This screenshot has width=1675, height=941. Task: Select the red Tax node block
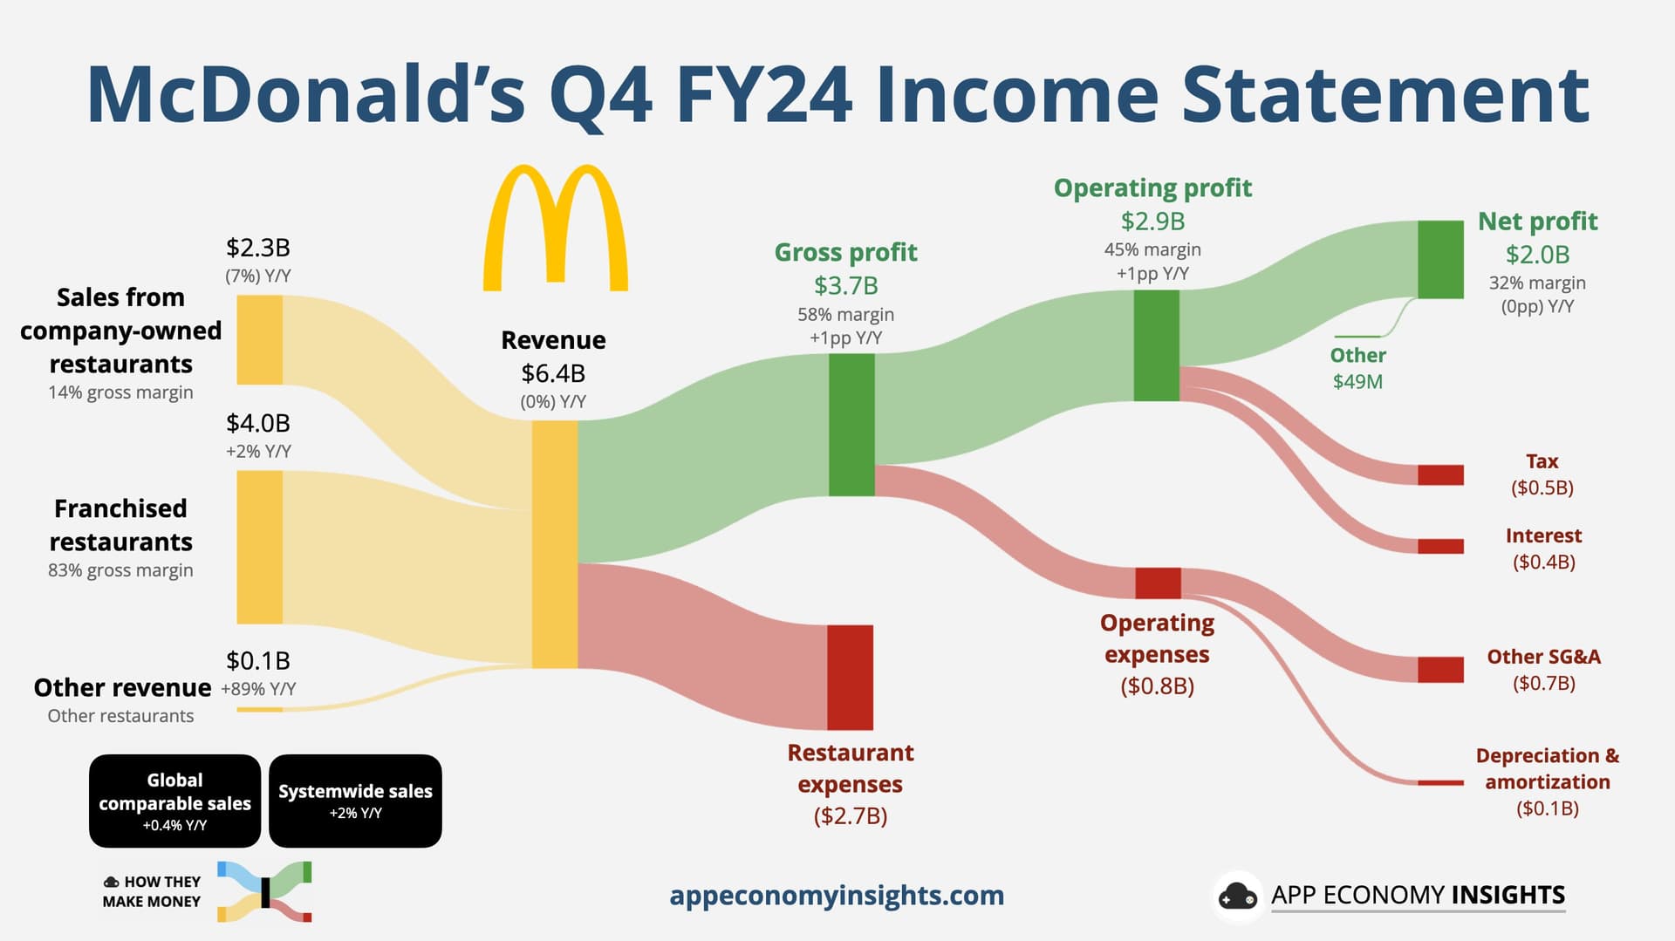coord(1440,474)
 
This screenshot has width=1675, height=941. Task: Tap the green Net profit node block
coord(1440,260)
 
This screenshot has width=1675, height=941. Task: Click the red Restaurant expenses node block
coord(850,678)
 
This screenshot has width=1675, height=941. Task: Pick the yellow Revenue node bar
coord(555,544)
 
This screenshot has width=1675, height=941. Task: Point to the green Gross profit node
coord(851,425)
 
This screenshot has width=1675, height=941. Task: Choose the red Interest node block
coord(1440,546)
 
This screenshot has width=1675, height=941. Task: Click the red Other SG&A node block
coord(1440,670)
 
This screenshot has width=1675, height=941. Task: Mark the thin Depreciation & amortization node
coord(1440,783)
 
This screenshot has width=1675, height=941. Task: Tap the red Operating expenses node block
coord(1158,583)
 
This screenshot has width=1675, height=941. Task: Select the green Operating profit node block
coord(1157,345)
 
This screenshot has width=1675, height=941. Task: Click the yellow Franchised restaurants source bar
coord(260,548)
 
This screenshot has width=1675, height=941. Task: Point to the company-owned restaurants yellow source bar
coord(260,340)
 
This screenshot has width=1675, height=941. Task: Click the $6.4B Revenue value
coord(553,373)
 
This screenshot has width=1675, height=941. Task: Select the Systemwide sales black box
coord(355,801)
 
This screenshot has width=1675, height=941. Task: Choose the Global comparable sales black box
coord(174,801)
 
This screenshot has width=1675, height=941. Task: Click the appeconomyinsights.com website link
coord(837,896)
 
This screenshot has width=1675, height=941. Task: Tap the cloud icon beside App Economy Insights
coord(1238,896)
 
